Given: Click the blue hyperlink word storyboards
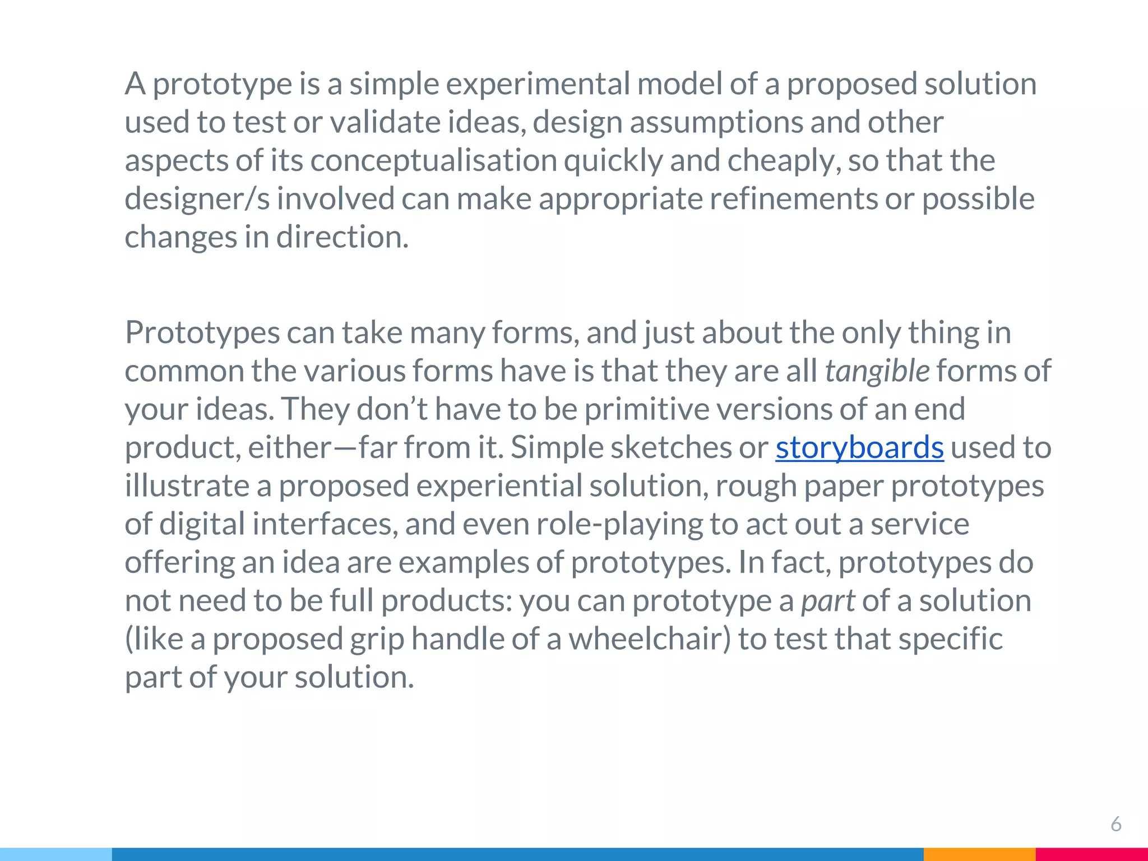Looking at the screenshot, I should tap(859, 447).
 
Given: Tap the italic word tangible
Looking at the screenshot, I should tap(877, 371).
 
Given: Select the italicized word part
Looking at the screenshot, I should tap(828, 601).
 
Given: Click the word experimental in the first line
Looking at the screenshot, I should tap(538, 84).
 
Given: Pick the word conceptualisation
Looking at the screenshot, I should tap(433, 161).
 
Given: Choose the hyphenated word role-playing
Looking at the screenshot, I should tap(619, 525).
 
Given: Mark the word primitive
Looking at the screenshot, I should tap(647, 409).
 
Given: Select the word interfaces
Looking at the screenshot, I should tap(325, 524).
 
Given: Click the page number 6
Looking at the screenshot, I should tap(1115, 824).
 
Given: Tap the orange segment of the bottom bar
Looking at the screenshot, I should tap(979, 854).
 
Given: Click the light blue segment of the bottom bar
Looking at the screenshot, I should tap(56, 854).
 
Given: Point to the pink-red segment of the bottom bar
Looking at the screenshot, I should tap(1091, 854).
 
